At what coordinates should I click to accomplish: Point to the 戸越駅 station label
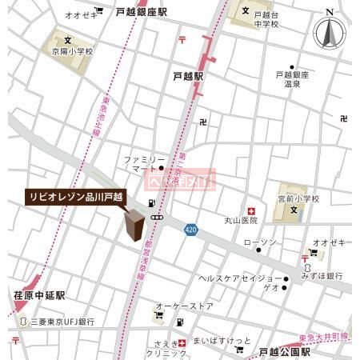[x=189, y=76]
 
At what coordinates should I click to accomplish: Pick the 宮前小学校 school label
[x=298, y=198]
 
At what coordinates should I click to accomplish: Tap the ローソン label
[x=259, y=242]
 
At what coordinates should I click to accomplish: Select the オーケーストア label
[x=185, y=306]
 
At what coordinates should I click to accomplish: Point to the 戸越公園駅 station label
[x=284, y=351]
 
